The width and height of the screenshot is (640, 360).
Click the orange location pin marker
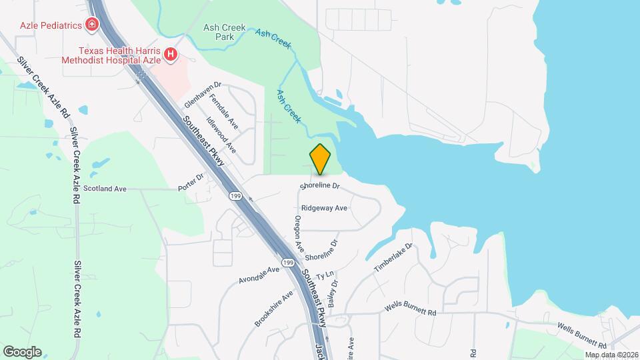321,159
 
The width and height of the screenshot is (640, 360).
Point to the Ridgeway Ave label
324,208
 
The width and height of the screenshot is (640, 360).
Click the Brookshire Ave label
273,309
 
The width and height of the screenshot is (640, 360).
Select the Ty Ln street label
325,275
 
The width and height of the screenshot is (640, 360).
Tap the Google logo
21,351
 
